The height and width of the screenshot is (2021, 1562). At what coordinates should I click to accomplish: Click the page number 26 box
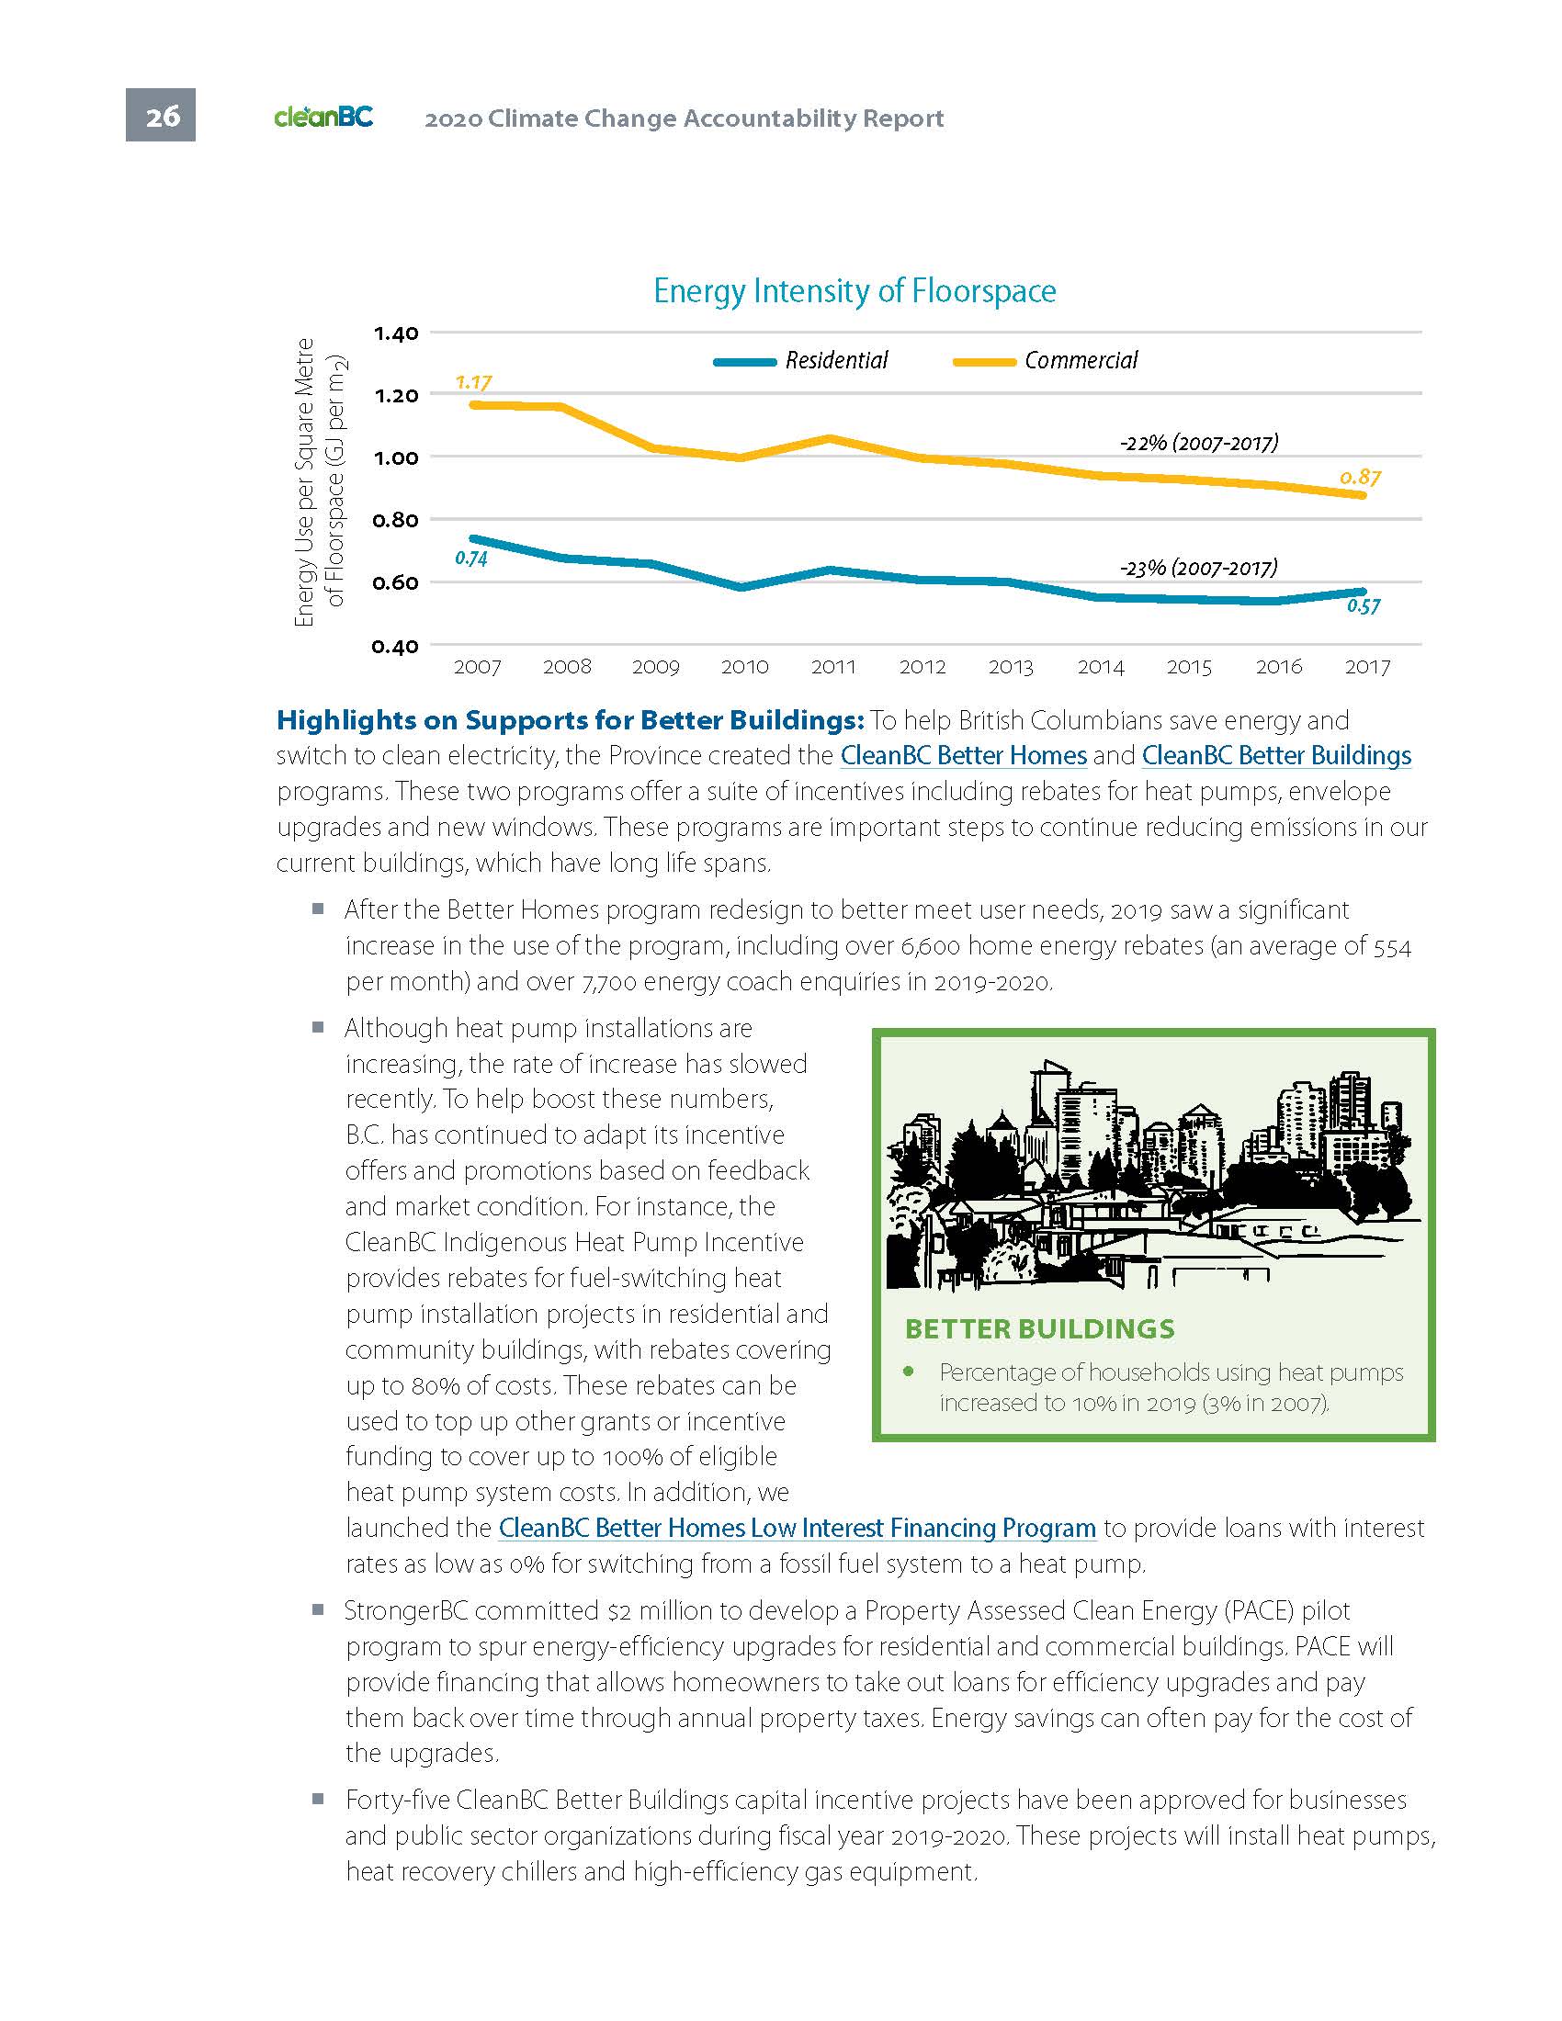coord(160,116)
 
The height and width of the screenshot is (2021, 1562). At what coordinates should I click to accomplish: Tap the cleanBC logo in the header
coord(323,118)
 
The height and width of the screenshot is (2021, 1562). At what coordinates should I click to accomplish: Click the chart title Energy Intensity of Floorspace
coord(855,290)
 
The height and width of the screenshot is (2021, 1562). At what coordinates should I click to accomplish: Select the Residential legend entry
coord(801,360)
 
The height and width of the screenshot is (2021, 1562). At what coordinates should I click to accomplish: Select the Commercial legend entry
coord(1046,360)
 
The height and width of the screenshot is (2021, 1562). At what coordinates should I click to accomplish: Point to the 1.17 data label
coord(473,382)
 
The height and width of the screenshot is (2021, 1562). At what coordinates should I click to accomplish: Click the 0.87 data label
coord(1360,478)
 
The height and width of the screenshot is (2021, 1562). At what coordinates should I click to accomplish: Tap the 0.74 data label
coord(471,558)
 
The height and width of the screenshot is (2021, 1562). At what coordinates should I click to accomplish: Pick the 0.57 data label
coord(1363,606)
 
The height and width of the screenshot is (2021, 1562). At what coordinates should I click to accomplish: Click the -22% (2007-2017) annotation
coord(1198,443)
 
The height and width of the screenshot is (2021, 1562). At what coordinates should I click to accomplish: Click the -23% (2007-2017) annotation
coord(1198,567)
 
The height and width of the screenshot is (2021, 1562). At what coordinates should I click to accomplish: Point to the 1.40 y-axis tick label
coord(395,333)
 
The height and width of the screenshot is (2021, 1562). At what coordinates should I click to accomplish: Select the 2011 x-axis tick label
coord(832,666)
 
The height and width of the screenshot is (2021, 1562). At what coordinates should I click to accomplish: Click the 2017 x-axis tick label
coord(1367,666)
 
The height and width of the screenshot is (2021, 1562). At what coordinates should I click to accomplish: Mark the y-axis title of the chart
coord(318,482)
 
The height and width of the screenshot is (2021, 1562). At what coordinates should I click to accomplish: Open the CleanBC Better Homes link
coord(963,755)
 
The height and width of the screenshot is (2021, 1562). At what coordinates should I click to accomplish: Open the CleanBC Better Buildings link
coord(1276,755)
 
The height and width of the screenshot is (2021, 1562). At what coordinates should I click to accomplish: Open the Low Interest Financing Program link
coord(797,1528)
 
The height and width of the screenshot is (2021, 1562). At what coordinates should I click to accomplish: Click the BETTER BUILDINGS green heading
coord(1039,1329)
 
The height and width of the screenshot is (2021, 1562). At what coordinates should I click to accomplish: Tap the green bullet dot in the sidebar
coord(910,1372)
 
